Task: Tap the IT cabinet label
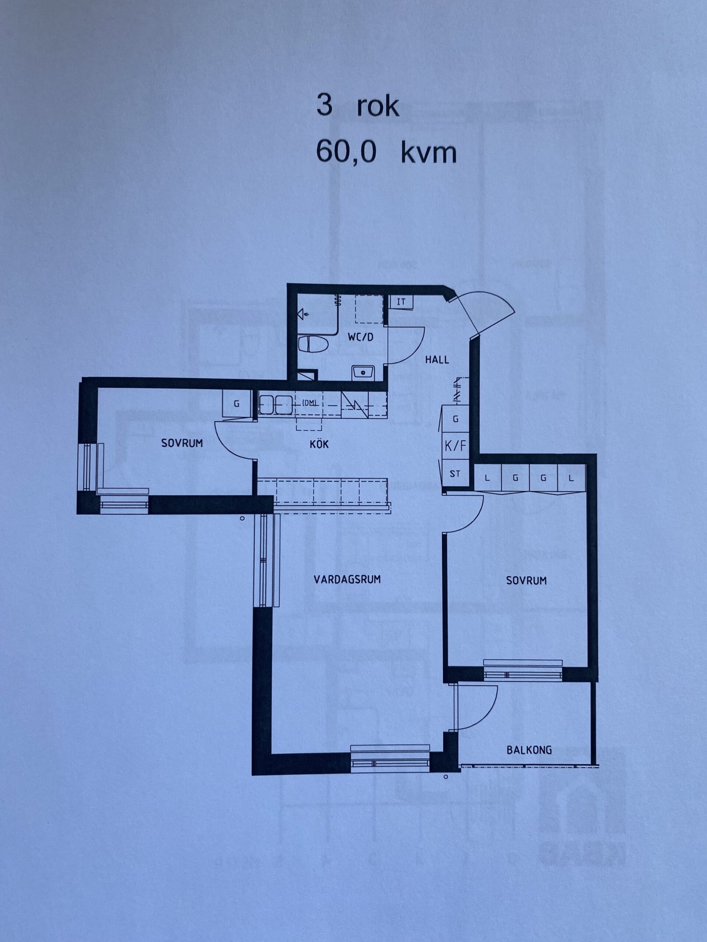coord(401,302)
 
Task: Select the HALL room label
coord(437,360)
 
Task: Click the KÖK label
coord(320,444)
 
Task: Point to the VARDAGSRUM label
coord(347,579)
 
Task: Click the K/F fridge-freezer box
coord(455,446)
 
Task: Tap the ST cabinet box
coord(455,473)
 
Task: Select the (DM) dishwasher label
coord(310,402)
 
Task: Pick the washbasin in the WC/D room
coord(363,373)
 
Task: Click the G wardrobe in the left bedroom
coord(236,404)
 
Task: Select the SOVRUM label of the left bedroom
coord(182,443)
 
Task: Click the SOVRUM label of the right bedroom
coord(526,580)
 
